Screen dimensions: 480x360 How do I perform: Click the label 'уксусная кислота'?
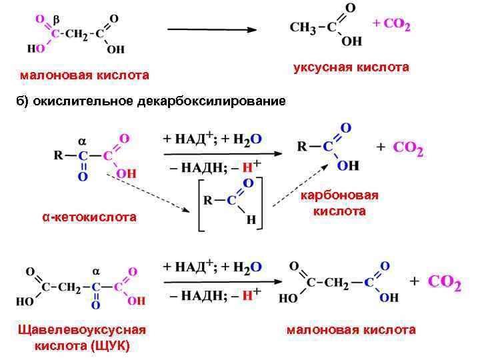pyautogui.click(x=351, y=67)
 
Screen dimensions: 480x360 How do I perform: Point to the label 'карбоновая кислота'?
pyautogui.click(x=339, y=203)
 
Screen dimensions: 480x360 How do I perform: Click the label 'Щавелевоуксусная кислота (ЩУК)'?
pyautogui.click(x=83, y=337)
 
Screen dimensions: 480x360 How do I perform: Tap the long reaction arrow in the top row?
pyautogui.click(x=211, y=29)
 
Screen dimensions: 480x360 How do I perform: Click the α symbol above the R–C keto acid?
pyautogui.click(x=83, y=141)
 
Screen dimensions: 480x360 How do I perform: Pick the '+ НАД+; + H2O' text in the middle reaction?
pyautogui.click(x=213, y=138)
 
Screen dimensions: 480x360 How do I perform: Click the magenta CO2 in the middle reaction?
pyautogui.click(x=408, y=148)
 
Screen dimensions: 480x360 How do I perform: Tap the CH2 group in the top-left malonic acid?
pyautogui.click(x=75, y=33)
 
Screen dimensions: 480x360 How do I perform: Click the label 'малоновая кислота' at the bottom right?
pyautogui.click(x=351, y=329)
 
